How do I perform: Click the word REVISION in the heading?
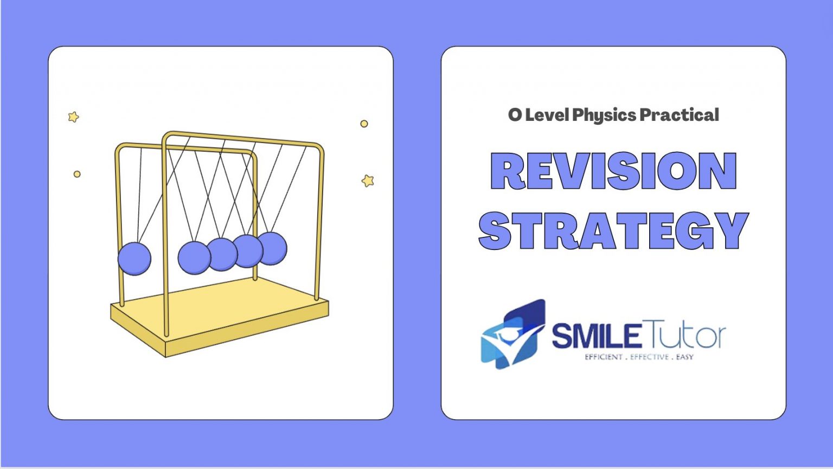click(613, 171)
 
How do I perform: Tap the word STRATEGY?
click(613, 230)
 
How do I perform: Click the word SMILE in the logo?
click(595, 336)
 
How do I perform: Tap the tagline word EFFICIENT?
click(603, 357)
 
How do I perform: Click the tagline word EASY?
click(684, 357)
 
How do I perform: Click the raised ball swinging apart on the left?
click(134, 259)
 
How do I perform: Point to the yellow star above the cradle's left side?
click(73, 117)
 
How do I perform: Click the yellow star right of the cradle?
click(368, 181)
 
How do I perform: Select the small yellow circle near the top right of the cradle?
click(364, 124)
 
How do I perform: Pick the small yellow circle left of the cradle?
click(77, 174)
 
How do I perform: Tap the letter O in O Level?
click(515, 115)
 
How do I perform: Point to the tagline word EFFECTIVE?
click(649, 357)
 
